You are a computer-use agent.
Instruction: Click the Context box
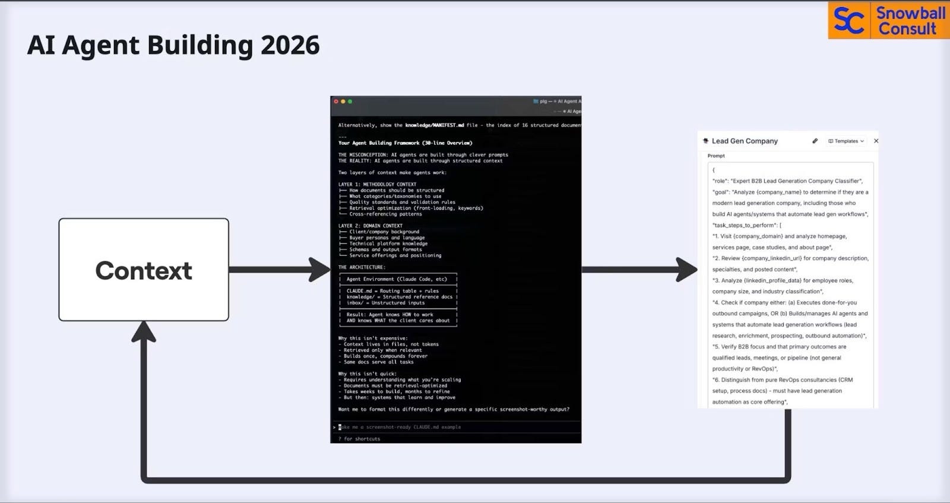[144, 270]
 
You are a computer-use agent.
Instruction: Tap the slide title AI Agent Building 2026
[173, 45]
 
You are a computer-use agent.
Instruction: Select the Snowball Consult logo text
[910, 21]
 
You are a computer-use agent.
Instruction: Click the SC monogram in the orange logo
[849, 21]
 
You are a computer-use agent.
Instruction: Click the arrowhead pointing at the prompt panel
[688, 270]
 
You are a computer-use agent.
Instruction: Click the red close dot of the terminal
[336, 102]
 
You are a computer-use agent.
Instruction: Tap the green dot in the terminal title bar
[350, 102]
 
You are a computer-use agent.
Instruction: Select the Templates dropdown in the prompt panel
[846, 141]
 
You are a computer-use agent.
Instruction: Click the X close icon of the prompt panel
[876, 141]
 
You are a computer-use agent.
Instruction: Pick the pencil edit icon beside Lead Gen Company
[815, 141]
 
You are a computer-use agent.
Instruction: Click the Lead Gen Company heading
[745, 141]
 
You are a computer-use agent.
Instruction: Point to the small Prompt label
[716, 156]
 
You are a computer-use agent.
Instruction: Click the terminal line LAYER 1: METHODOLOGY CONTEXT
[377, 184]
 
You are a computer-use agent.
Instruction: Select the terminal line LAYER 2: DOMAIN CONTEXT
[370, 226]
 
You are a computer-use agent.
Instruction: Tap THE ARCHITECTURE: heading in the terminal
[362, 267]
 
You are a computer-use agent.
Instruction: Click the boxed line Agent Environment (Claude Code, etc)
[397, 279]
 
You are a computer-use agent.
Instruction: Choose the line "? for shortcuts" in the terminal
[359, 439]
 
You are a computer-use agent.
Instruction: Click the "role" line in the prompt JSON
[787, 181]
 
